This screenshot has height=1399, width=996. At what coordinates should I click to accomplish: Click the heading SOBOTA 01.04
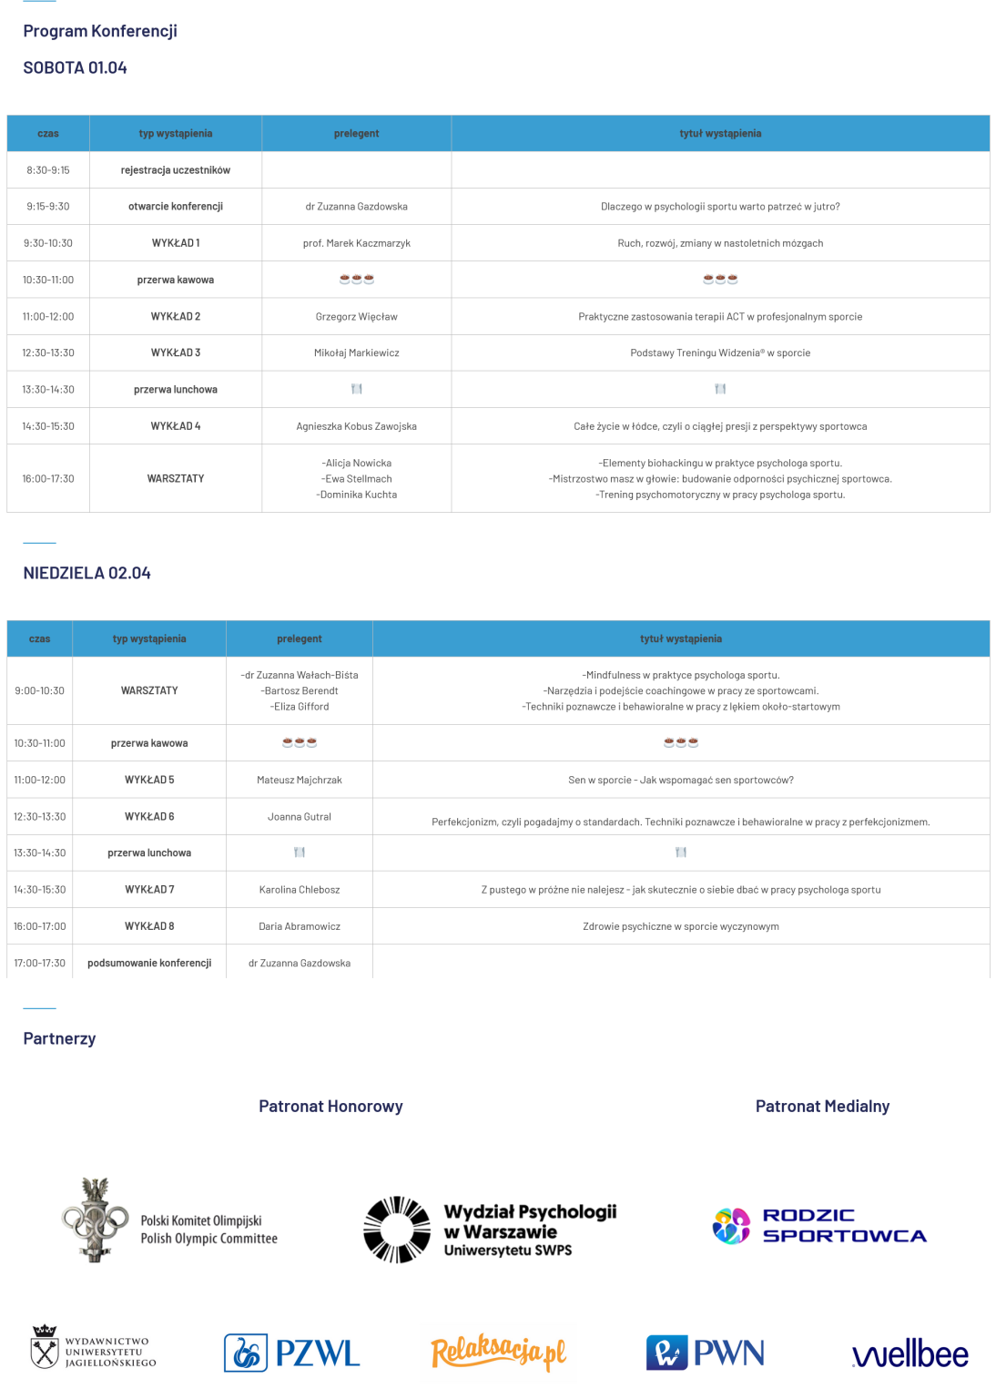point(75,67)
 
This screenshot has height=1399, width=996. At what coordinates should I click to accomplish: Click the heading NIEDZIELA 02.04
point(86,573)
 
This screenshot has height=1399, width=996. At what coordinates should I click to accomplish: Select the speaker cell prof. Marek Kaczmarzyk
point(356,243)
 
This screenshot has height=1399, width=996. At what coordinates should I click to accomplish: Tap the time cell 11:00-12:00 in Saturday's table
point(48,316)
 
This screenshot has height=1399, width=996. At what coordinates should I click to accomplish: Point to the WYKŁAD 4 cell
point(176,425)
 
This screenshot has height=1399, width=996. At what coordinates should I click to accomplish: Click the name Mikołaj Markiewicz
point(356,352)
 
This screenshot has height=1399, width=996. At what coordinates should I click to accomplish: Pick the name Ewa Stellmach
point(356,478)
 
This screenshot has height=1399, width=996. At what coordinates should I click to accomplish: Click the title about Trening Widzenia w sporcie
point(719,352)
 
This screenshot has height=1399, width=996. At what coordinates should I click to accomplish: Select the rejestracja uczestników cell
point(176,170)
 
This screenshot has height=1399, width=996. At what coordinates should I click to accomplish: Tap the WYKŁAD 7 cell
point(149,889)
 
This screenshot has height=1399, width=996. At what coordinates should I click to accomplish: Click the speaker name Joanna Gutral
point(299,816)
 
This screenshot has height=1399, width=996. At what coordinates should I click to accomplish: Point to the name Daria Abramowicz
point(299,926)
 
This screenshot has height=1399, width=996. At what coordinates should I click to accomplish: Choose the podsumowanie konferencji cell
point(149,963)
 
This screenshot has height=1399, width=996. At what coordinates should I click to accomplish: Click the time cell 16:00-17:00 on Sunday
point(39,926)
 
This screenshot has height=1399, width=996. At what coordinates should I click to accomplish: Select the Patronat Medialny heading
point(822,1106)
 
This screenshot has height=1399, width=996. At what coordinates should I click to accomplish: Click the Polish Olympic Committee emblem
point(96,1220)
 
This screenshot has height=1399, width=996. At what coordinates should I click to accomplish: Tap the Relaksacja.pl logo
point(498,1353)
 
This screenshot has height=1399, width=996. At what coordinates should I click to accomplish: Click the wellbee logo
point(910,1354)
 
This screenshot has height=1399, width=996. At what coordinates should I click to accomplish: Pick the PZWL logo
point(292,1353)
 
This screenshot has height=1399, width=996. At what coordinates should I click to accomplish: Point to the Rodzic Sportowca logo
point(819,1226)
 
